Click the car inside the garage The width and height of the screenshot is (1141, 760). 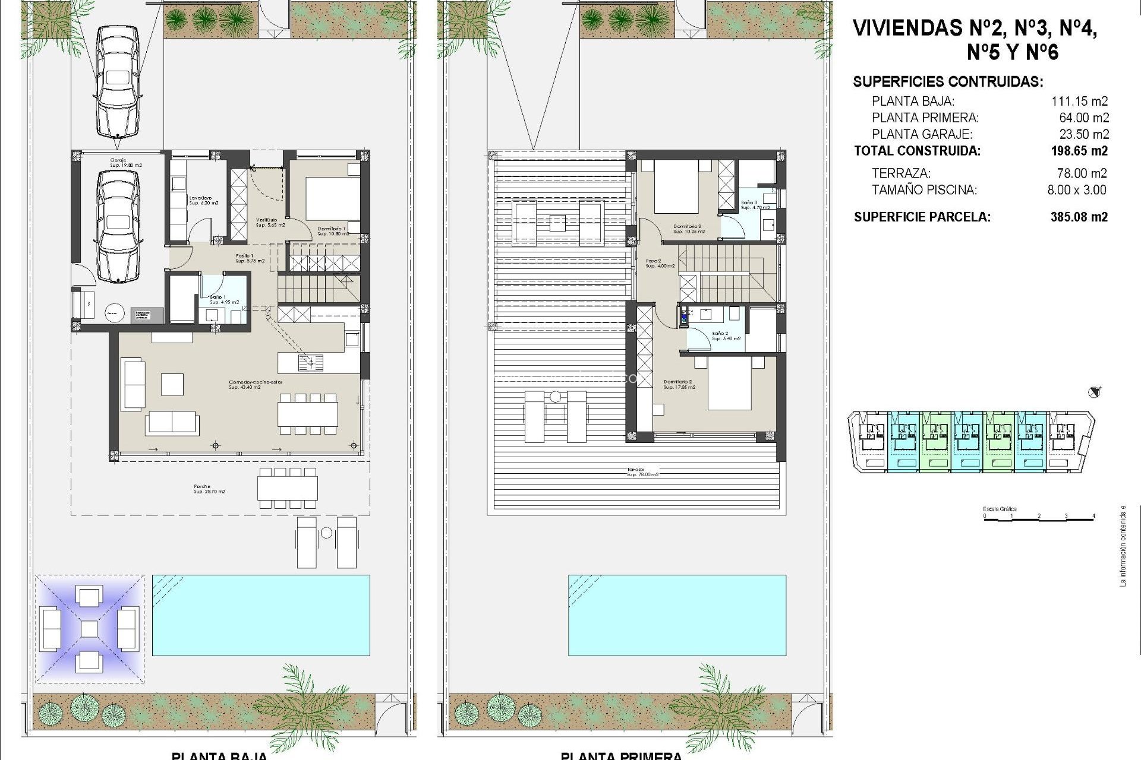pos(118,227)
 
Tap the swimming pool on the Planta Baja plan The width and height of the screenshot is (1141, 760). pos(261,615)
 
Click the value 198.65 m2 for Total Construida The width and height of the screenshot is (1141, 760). pos(1079,151)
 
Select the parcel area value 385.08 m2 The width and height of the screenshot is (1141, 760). pos(1079,217)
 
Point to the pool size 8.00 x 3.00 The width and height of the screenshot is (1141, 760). pos(1076,190)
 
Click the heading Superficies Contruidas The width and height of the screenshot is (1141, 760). pos(948,82)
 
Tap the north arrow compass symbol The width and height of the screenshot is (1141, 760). pos(1093,392)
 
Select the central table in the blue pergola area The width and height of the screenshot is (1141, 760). pos(89,629)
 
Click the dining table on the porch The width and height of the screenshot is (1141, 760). pos(288,488)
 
